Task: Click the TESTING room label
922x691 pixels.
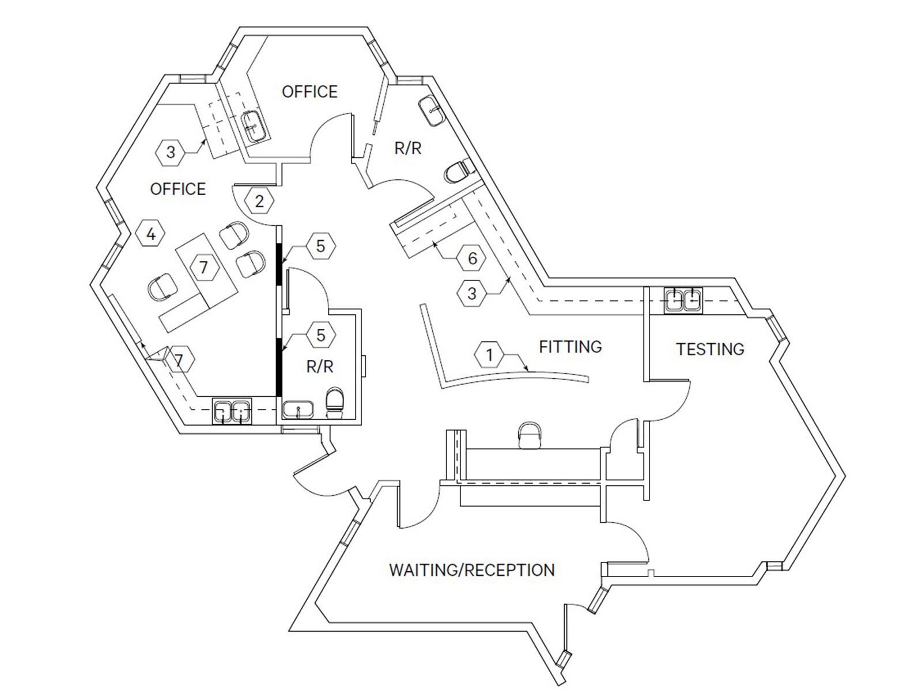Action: pos(710,349)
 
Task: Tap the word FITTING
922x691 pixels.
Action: pos(570,347)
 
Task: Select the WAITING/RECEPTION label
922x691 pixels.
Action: pos(471,570)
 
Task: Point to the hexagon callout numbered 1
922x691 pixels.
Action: pos(489,354)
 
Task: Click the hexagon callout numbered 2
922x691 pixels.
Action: pos(259,201)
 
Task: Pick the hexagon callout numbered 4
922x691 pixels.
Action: pos(151,234)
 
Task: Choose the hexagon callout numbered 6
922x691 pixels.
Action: pos(472,259)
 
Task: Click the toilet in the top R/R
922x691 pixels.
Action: pos(459,171)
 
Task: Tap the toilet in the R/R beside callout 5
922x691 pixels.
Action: pos(335,403)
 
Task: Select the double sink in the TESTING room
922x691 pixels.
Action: pos(683,300)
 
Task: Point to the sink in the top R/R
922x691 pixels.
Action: pos(432,109)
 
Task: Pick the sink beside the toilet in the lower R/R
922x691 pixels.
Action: pos(298,410)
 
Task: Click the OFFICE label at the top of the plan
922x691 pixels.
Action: pos(309,92)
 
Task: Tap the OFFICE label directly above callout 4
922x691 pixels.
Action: pos(177,189)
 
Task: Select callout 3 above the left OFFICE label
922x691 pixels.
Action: pos(170,153)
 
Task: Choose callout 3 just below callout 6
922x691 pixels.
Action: pos(471,294)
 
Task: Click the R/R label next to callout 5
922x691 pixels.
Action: pos(320,367)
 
